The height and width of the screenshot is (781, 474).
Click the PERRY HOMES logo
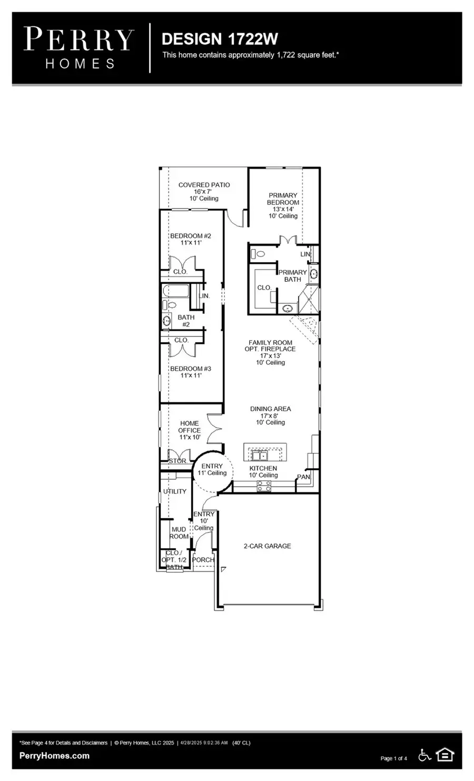click(80, 48)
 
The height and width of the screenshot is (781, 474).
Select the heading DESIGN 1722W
click(220, 39)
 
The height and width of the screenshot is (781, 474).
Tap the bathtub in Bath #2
click(175, 291)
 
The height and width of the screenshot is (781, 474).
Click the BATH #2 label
click(186, 321)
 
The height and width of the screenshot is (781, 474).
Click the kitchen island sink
click(260, 455)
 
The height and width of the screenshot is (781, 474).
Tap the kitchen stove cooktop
click(264, 488)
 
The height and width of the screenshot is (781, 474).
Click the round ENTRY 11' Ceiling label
click(212, 469)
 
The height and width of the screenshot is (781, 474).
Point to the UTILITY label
click(175, 491)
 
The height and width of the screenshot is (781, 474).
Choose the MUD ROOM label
click(179, 532)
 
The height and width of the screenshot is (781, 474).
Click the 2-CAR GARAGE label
click(267, 546)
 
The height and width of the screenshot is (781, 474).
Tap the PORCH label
click(203, 560)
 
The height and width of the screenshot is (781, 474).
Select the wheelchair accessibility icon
click(424, 755)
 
